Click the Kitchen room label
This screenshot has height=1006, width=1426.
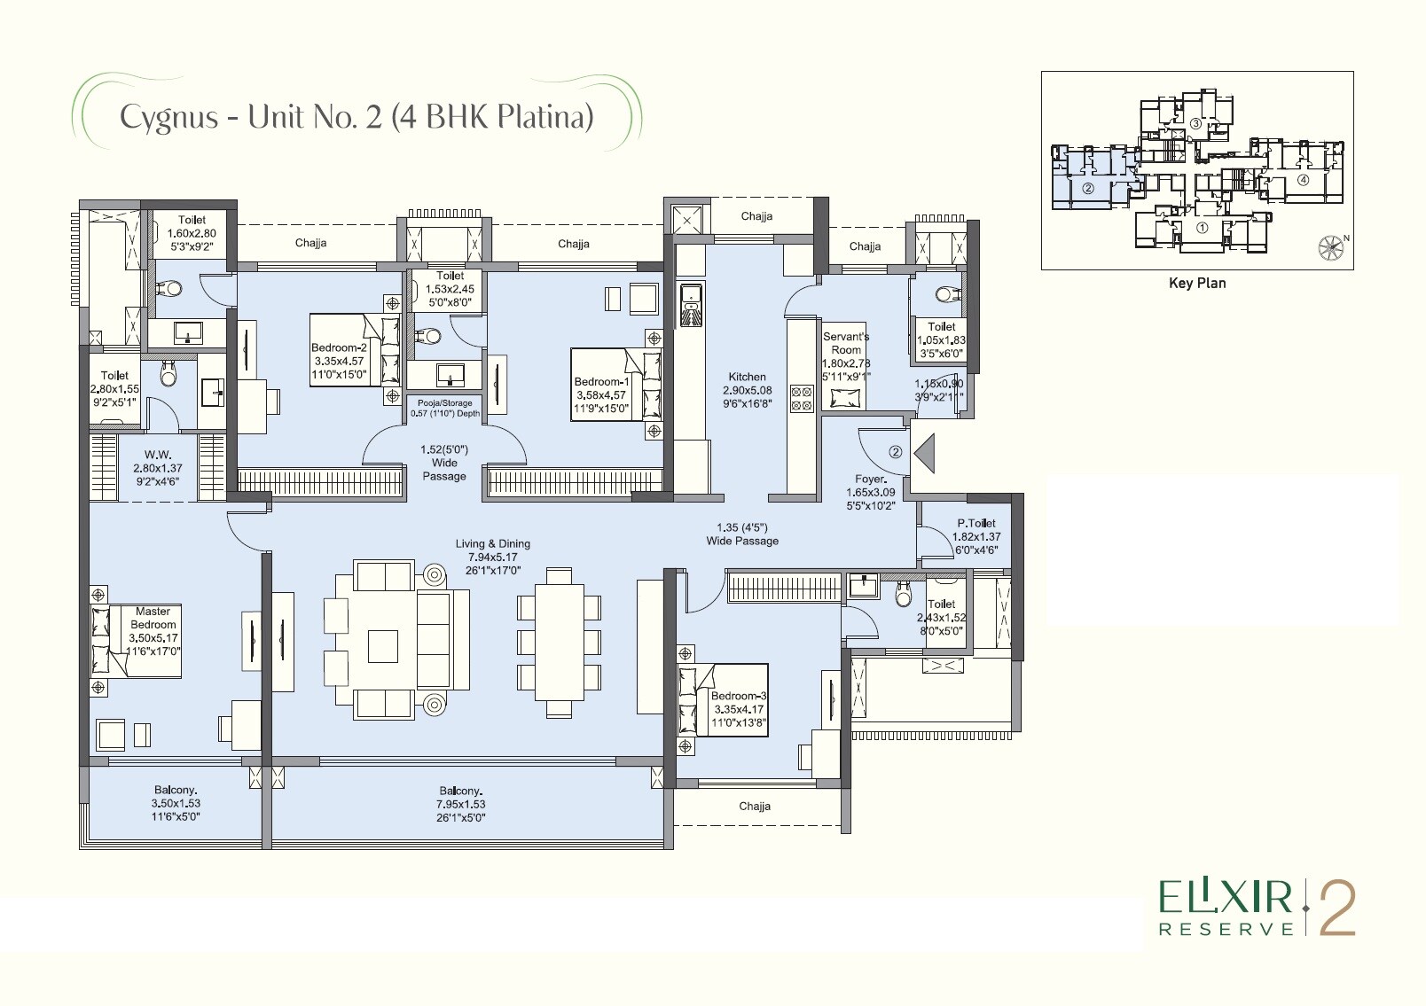[x=747, y=377]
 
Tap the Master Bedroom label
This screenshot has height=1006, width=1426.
[x=153, y=618]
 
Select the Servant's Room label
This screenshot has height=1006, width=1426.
[x=846, y=343]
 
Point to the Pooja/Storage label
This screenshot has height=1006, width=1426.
[x=445, y=403]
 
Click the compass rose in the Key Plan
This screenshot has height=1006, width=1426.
[x=1330, y=246]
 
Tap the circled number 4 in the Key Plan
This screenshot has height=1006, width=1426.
[x=1302, y=180]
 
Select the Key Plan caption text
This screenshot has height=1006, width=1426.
[x=1197, y=284]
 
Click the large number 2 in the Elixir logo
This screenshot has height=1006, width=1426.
[x=1337, y=908]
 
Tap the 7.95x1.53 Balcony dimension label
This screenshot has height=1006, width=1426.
[x=460, y=805]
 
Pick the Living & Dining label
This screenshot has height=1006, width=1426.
[x=494, y=544]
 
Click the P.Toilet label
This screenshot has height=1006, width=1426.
[x=975, y=524]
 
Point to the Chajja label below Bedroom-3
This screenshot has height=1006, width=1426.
[x=755, y=807]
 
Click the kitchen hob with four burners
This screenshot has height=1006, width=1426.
[x=802, y=398]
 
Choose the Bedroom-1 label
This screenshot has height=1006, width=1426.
[x=601, y=383]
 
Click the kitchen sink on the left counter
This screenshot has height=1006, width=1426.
[x=690, y=306]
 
